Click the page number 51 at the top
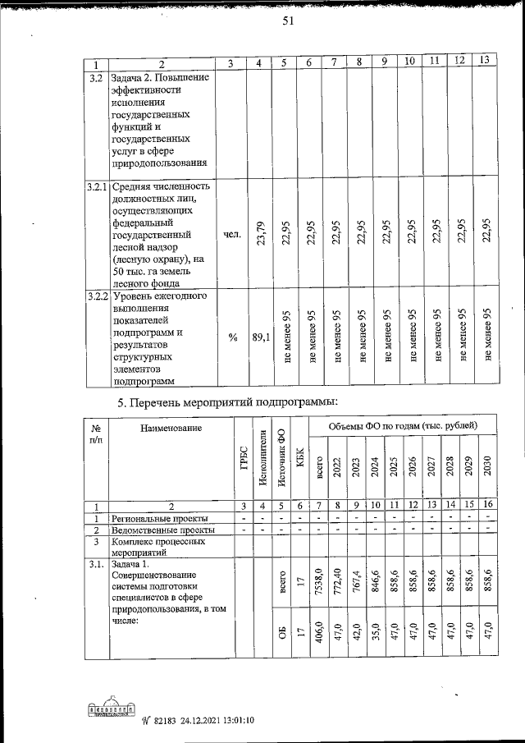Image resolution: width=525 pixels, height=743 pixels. [x=288, y=22]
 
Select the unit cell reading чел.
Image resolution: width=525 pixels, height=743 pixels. [x=232, y=234]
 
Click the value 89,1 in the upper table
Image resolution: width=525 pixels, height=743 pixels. [x=260, y=337]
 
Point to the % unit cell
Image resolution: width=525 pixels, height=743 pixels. [x=232, y=337]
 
